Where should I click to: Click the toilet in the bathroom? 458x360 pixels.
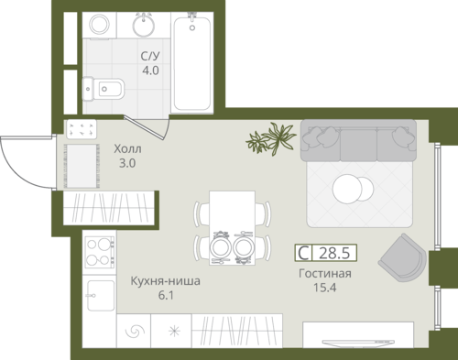point(104,89)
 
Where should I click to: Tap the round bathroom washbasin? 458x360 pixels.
point(144,25)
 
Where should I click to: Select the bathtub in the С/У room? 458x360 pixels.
point(192,63)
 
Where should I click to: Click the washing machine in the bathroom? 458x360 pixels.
point(100,25)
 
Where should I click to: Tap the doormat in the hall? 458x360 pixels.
point(82,166)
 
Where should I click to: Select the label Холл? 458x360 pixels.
point(127,149)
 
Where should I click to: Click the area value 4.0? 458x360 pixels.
point(150,71)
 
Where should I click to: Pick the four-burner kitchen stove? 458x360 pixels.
point(100,252)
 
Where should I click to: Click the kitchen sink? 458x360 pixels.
point(101,295)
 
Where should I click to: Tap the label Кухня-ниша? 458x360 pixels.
point(166,281)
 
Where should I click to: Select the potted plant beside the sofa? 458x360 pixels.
point(271,138)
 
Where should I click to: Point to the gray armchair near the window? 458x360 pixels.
point(403,258)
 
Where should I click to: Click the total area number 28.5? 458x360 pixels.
point(334,253)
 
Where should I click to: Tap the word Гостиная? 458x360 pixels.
point(325,274)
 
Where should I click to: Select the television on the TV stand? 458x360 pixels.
point(358,343)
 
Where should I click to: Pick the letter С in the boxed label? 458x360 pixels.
point(303,253)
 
